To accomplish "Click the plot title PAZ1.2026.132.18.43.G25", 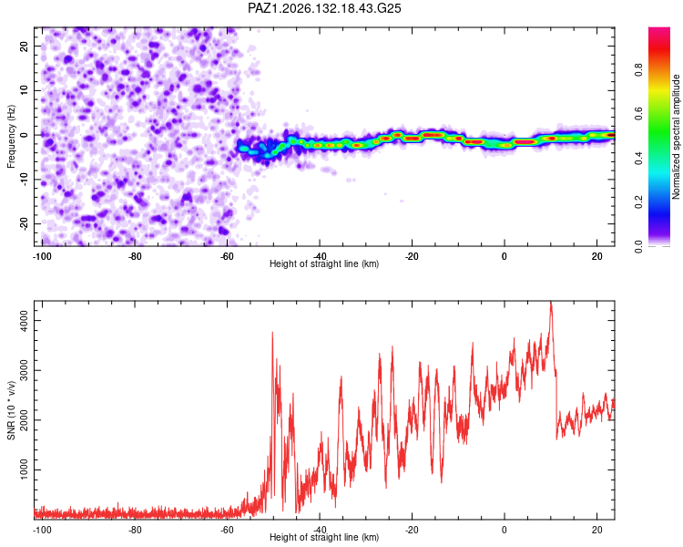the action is click(x=324, y=8).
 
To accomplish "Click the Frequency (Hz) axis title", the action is click(x=11, y=137).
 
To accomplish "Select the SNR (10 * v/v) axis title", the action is click(x=11, y=410).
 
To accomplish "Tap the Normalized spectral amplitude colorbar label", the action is click(x=676, y=137).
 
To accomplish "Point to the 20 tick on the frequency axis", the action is click(x=24, y=46).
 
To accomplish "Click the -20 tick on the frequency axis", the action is click(x=24, y=222).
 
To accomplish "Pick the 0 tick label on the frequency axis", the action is click(x=24, y=135).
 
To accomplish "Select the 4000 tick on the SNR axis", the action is click(x=24, y=320).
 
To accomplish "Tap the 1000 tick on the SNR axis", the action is click(x=24, y=470).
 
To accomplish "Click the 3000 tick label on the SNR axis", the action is click(x=24, y=370).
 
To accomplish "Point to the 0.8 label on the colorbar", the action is click(x=638, y=69).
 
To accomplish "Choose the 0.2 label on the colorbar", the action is click(x=638, y=202).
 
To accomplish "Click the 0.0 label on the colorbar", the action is click(x=638, y=246).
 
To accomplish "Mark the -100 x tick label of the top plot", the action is click(x=42, y=256).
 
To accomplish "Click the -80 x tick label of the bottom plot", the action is click(x=135, y=530).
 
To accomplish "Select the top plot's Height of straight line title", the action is click(x=324, y=263).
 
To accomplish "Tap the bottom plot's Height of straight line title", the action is click(x=324, y=537).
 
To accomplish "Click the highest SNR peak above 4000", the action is click(x=551, y=302).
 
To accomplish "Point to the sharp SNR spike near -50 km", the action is click(x=272, y=333).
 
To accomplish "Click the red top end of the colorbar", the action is click(x=659, y=29).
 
